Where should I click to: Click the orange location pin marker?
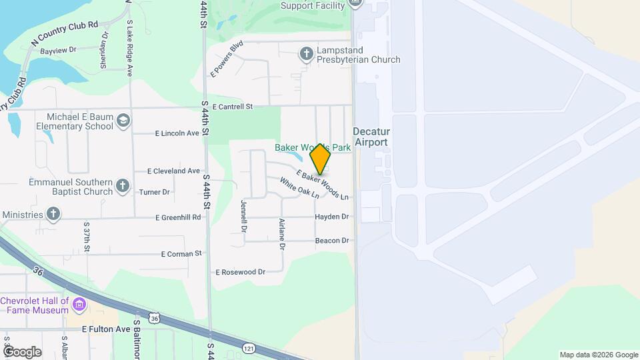click(321, 159)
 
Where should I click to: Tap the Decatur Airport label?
click(371, 137)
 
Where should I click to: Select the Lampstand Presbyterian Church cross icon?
click(306, 53)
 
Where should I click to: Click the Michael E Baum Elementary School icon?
click(123, 120)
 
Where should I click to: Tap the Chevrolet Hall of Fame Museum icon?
click(79, 305)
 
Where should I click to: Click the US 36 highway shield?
click(155, 319)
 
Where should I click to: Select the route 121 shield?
click(249, 349)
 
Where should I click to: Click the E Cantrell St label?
click(233, 107)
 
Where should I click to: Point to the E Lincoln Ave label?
click(177, 133)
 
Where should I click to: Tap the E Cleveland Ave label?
click(177, 171)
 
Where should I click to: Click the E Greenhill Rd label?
click(178, 217)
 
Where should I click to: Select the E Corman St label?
click(181, 254)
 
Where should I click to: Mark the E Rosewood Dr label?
click(241, 272)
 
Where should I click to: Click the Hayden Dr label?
click(332, 217)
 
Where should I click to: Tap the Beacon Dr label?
click(332, 241)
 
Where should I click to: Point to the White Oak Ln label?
click(299, 187)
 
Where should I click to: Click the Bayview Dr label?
click(59, 50)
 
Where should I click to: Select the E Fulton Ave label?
click(105, 329)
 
